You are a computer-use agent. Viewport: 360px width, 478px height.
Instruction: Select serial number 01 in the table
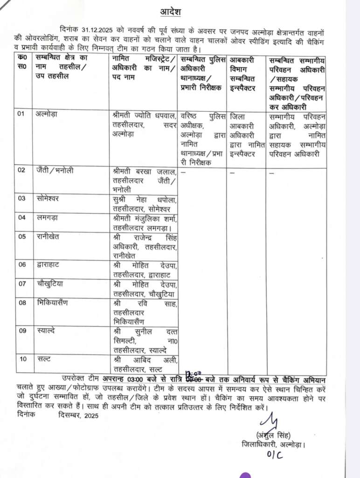22,113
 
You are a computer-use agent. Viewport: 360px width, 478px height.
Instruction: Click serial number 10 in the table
22,358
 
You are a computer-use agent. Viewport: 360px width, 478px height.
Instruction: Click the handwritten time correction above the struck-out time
193,373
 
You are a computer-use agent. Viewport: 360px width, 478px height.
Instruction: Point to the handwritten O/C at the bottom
275,455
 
